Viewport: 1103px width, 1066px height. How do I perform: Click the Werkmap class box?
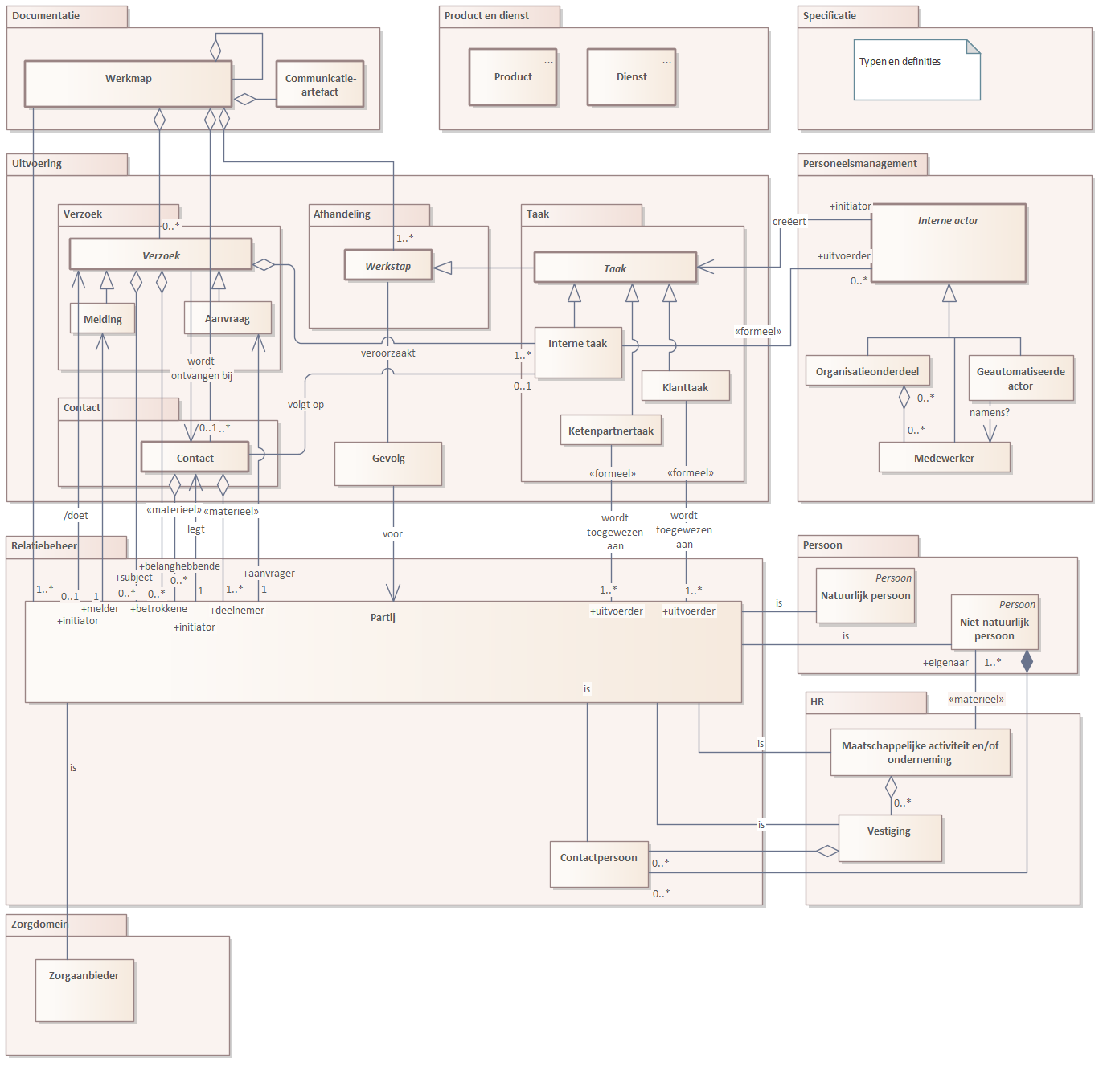tap(128, 84)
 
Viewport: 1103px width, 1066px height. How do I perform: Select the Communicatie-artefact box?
tap(320, 84)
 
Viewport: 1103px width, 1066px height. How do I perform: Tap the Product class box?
tap(513, 76)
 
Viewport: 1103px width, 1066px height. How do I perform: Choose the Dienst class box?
tap(631, 76)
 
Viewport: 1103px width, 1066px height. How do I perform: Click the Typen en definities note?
tap(917, 70)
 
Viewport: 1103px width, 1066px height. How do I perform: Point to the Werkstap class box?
tap(388, 265)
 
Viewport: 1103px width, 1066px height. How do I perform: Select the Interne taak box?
tap(578, 353)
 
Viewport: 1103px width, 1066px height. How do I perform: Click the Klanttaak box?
tap(685, 386)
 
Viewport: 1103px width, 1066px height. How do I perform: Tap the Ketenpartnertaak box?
tap(611, 431)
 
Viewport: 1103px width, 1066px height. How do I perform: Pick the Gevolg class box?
tap(388, 464)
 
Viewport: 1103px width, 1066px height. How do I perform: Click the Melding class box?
tap(103, 318)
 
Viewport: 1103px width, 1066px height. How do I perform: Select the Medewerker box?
tap(945, 457)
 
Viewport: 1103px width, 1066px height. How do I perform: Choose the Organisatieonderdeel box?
tap(867, 371)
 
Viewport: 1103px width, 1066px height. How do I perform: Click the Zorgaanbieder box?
tap(84, 990)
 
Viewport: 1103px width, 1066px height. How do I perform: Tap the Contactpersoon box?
tap(599, 864)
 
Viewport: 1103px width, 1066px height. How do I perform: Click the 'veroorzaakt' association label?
tap(387, 353)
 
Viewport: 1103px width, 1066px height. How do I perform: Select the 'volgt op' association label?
tap(305, 404)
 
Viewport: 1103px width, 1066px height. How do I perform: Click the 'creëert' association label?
tap(789, 222)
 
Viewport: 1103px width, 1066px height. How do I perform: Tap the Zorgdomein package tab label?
tap(39, 924)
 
